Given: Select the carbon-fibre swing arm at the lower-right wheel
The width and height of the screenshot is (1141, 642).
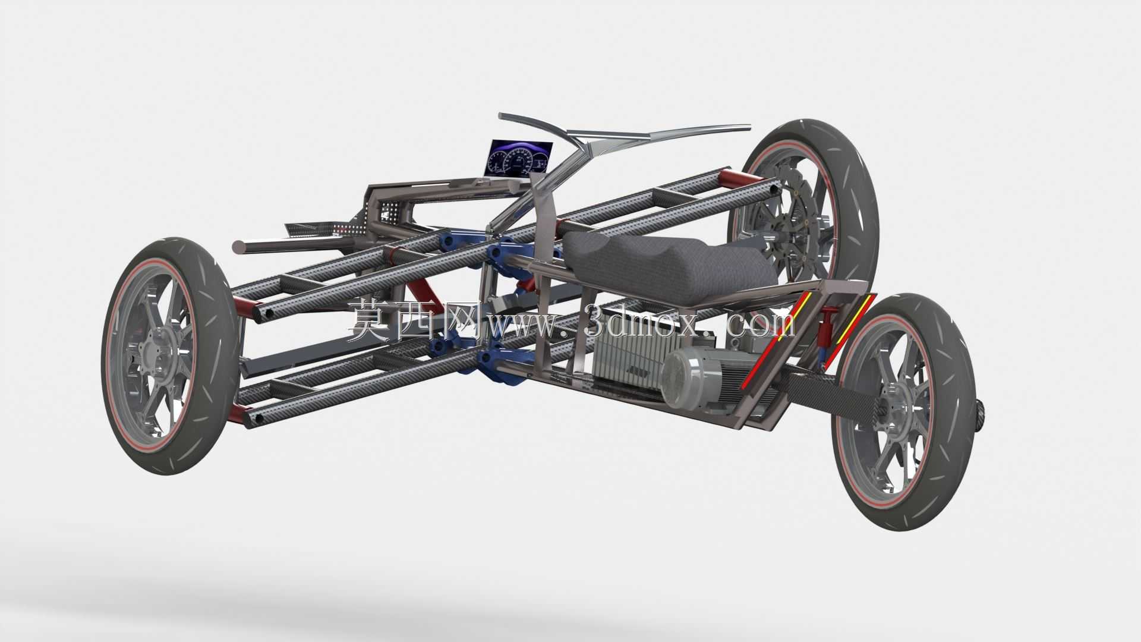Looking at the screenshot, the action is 832,401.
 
